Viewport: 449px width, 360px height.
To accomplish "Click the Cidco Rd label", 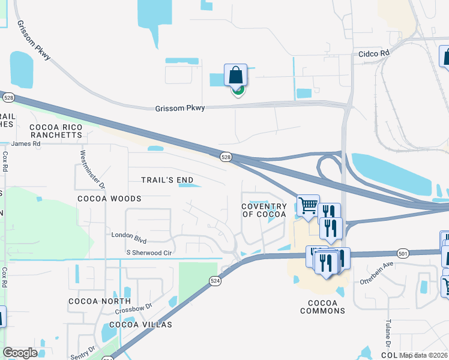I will coord(374,53).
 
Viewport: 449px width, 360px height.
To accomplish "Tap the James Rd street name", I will coord(25,143).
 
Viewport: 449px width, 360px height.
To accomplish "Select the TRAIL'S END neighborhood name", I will coord(167,180).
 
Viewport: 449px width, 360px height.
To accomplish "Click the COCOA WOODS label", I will coord(109,198).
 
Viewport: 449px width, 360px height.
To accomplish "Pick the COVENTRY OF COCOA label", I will coord(264,210).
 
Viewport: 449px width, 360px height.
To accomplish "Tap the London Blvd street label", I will coord(129,235).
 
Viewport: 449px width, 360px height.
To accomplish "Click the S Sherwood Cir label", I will coord(149,253).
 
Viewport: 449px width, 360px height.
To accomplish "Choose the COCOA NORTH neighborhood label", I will coord(100,301).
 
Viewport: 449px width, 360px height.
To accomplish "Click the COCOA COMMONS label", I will coord(323,306).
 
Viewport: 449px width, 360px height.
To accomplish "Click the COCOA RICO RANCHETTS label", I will coord(55,131).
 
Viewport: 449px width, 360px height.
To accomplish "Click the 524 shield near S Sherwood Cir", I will coord(214,280).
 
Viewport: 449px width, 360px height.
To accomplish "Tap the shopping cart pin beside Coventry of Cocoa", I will coord(308,206).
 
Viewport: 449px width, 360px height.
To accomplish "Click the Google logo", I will coord(20,353).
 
